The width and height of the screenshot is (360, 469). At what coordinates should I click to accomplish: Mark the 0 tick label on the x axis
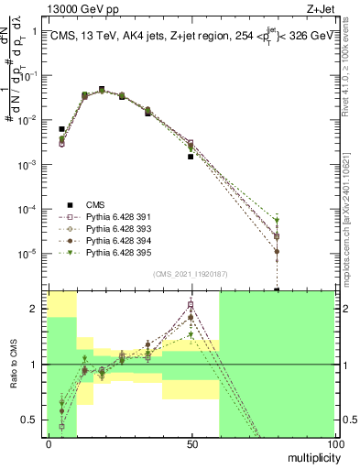tap(49, 442)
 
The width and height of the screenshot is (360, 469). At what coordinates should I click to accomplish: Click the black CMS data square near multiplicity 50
tap(191, 157)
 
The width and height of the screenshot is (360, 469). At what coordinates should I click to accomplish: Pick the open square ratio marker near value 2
tap(191, 304)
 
